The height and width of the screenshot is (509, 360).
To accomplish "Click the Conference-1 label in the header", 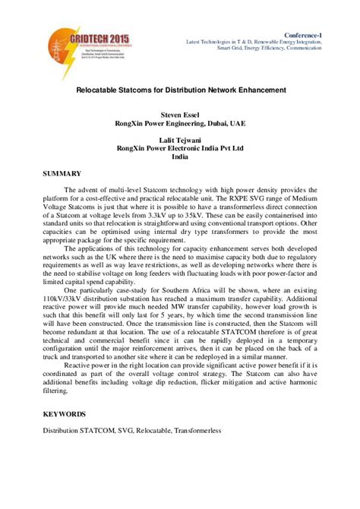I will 323,34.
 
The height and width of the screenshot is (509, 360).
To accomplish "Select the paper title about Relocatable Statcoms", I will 181,90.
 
